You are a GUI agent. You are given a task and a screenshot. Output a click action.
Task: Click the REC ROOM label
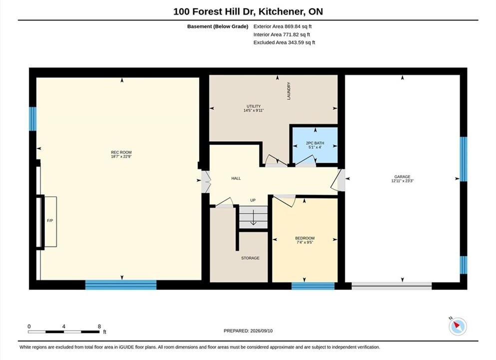[x=121, y=152]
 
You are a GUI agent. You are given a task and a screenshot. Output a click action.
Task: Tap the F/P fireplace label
[x=50, y=220]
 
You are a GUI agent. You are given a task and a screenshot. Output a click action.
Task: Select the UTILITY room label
[x=254, y=106]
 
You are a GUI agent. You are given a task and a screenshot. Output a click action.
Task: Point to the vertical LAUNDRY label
[x=289, y=91]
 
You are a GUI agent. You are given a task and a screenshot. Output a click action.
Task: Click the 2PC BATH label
[x=315, y=143]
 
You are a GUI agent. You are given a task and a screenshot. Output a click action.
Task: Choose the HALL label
[x=236, y=178]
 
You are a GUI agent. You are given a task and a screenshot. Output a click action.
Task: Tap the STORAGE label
[x=250, y=258]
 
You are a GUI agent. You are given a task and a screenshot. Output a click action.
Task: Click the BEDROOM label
[x=305, y=238]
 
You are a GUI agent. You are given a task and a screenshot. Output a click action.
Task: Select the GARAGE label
[x=403, y=176]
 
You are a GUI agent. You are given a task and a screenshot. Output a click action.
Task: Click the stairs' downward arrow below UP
[x=253, y=218]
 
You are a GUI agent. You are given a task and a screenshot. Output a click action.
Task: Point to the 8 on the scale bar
[x=99, y=326]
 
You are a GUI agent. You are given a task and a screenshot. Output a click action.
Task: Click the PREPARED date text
[x=248, y=331]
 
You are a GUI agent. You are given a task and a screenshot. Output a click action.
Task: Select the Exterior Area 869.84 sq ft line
[x=283, y=26]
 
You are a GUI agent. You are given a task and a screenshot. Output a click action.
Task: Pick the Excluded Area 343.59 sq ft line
[x=284, y=42]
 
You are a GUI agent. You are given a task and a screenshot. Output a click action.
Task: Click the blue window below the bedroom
[x=313, y=286]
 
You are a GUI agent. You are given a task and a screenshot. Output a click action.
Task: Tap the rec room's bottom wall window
[x=121, y=285]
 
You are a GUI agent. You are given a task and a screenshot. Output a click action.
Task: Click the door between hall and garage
[x=339, y=180]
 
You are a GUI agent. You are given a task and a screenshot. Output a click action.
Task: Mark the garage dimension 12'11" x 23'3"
[x=403, y=181]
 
